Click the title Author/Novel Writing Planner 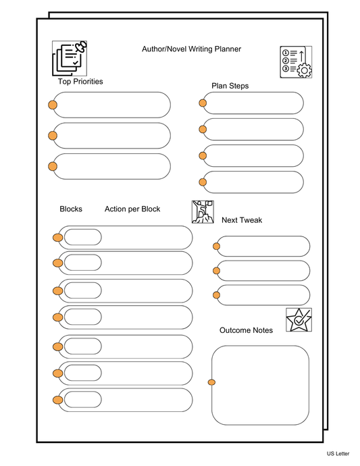coord(191,49)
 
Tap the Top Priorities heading coord(80,82)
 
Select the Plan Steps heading coord(230,86)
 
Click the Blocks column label coord(71,209)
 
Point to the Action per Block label coord(132,209)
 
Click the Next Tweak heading coord(242,220)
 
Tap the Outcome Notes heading coord(246,330)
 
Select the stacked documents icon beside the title coord(70,57)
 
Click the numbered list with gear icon coord(296,61)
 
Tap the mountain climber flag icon coord(203,211)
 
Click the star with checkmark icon coord(298,319)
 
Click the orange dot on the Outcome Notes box coord(211,383)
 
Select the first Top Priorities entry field coord(111,105)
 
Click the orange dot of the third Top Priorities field coord(53,167)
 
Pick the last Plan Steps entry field coord(253,182)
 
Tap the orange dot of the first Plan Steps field coord(203,103)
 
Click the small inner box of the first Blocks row coord(82,237)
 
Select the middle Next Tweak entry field coord(263,271)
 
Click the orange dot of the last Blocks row coord(58,400)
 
